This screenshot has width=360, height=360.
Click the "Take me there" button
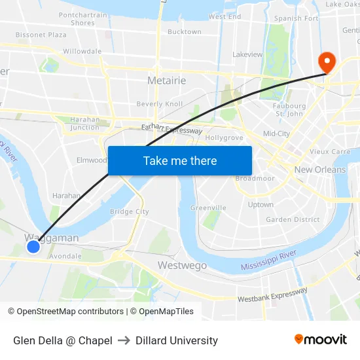click(180, 160)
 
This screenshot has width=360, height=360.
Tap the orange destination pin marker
click(326, 62)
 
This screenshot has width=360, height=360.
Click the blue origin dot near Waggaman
click(33, 247)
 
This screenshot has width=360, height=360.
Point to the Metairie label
click(167, 81)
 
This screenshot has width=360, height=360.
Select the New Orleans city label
click(320, 170)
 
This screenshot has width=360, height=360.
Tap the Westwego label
click(182, 265)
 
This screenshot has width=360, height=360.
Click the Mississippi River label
click(269, 261)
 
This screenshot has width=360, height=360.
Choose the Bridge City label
click(130, 211)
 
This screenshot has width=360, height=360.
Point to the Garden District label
click(293, 220)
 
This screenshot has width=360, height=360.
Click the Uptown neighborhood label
click(261, 204)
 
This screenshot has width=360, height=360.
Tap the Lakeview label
click(247, 54)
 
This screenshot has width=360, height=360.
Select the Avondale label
click(65, 256)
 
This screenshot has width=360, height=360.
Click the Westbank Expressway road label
click(272, 295)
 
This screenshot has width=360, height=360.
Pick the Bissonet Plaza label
click(41, 34)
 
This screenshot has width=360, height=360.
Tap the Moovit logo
click(321, 340)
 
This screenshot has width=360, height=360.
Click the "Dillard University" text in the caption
click(177, 340)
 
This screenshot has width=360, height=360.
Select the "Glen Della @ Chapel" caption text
click(63, 340)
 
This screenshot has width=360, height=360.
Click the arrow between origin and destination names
click(124, 340)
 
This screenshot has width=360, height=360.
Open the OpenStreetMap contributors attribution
click(70, 312)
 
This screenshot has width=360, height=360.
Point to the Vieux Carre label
click(330, 151)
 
